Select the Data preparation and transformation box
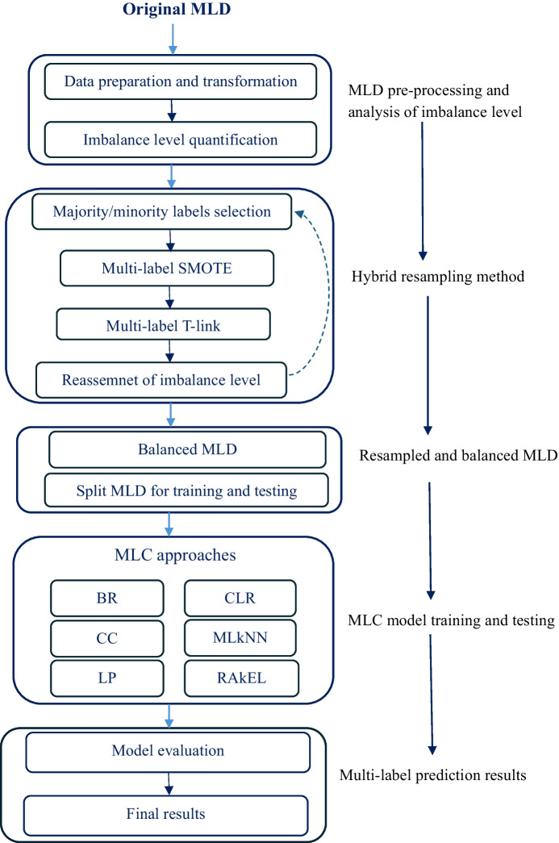click(x=181, y=81)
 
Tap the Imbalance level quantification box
click(x=181, y=140)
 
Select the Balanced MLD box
click(x=187, y=449)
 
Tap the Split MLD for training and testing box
click(x=187, y=490)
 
